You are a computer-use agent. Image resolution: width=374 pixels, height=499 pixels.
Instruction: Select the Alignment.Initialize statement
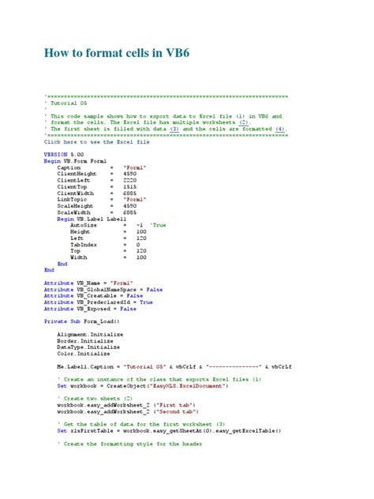click(x=91, y=335)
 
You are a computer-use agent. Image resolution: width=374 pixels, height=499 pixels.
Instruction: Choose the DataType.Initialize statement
click(x=88, y=347)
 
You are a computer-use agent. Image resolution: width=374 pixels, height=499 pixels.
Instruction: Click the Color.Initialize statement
click(x=82, y=355)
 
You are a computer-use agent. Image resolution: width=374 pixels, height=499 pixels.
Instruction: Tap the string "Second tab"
click(x=184, y=411)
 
